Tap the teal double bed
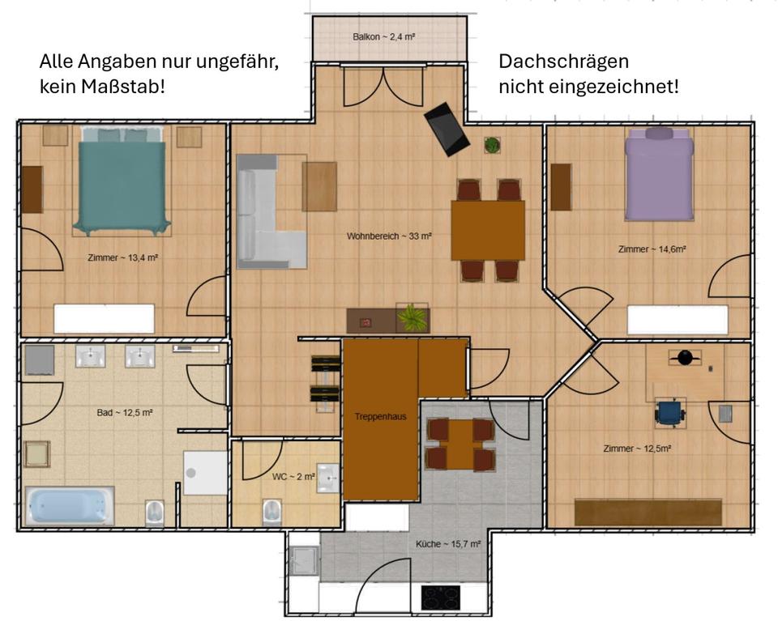pos(122,182)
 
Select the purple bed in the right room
pos(659,177)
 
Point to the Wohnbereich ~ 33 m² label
pos(389,236)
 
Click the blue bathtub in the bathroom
pos(69,505)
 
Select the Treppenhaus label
pos(380,417)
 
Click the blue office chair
pos(669,414)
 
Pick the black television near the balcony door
pos(447,129)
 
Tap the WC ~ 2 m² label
pos(293,476)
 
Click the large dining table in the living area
pos(488,230)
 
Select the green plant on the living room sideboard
pos(413,317)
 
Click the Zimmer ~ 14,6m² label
pos(652,249)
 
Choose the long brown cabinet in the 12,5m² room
pos(648,513)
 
